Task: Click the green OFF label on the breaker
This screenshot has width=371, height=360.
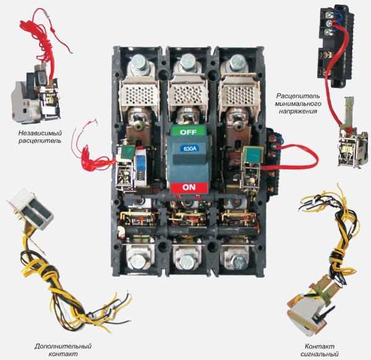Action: click(x=189, y=131)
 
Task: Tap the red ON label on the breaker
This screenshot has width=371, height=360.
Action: click(x=189, y=187)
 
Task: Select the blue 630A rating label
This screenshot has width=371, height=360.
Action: click(x=190, y=149)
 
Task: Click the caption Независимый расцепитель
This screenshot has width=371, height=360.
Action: click(x=40, y=137)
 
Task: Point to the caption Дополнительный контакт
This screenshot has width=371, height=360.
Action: click(x=63, y=350)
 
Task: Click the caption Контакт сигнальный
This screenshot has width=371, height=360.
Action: click(x=319, y=350)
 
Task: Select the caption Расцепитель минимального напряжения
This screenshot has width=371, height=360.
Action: click(x=298, y=103)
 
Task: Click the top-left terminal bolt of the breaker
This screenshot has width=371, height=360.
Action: click(x=139, y=62)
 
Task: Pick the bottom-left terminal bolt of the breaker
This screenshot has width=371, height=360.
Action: click(x=138, y=260)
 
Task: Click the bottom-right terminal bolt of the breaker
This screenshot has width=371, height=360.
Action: click(x=238, y=261)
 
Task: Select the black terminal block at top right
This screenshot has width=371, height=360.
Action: click(x=335, y=46)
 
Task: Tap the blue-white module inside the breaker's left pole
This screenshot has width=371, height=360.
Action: click(x=140, y=166)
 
